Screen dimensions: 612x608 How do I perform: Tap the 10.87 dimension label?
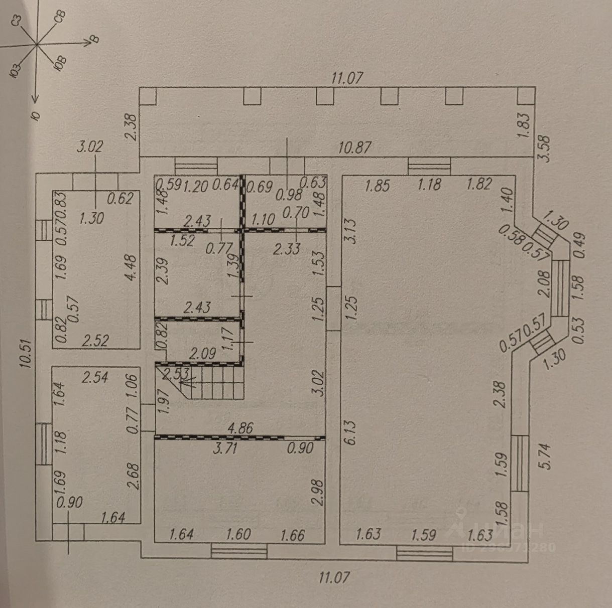(x=355, y=147)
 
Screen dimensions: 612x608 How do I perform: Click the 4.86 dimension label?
(x=240, y=428)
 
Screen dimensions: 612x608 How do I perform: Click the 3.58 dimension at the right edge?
(x=544, y=149)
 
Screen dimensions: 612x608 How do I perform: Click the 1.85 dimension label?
(x=378, y=185)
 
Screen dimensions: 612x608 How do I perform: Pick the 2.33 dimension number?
(x=287, y=248)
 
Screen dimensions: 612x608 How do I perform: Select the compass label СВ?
(x=60, y=16)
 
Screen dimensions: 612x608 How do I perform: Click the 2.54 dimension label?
(x=94, y=377)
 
